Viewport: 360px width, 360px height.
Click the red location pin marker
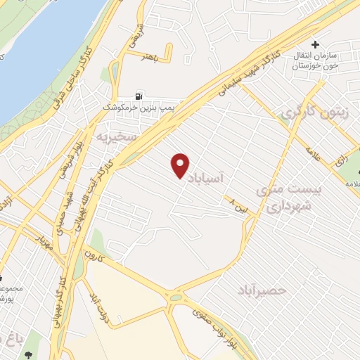point(181,165)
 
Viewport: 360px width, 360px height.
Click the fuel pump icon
point(139,96)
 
